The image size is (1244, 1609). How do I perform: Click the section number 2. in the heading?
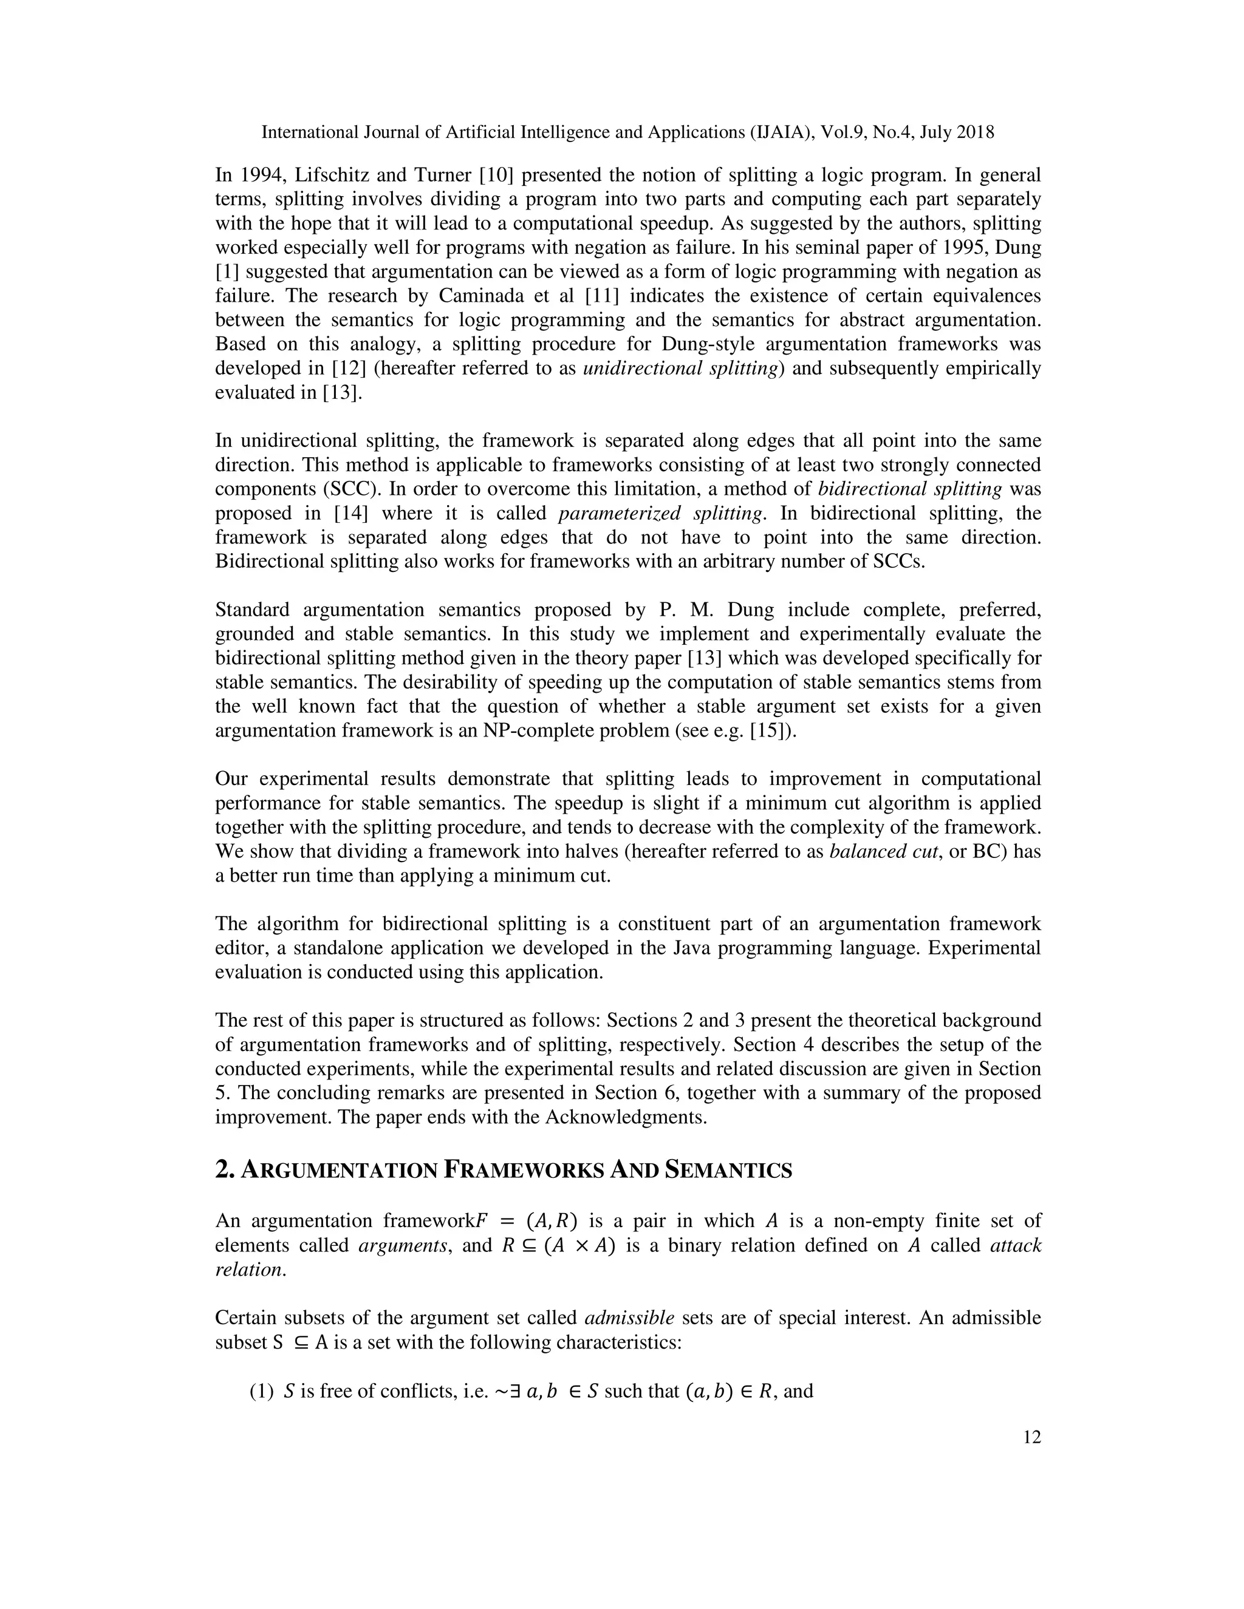(224, 1171)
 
